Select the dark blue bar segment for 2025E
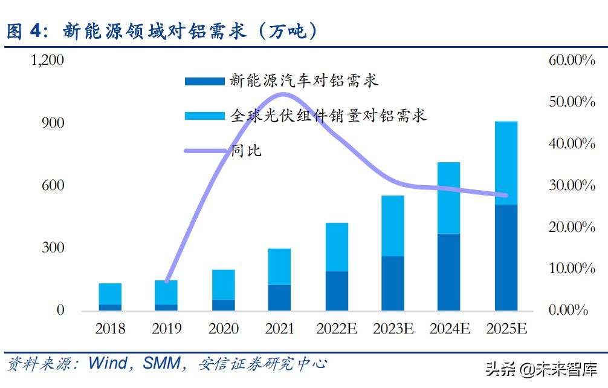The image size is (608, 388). pos(506,257)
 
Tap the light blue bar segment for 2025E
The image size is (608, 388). pos(506,163)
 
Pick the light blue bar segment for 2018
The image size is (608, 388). pos(110,294)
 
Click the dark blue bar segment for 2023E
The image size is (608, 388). pos(392,283)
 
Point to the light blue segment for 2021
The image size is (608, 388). pos(279,266)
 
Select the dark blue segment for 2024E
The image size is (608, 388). pos(449,272)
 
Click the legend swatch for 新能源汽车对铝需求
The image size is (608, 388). pos(205,81)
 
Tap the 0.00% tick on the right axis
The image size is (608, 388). pos(566,311)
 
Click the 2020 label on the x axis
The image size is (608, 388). pos(223,329)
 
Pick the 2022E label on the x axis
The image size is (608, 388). pos(336,329)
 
